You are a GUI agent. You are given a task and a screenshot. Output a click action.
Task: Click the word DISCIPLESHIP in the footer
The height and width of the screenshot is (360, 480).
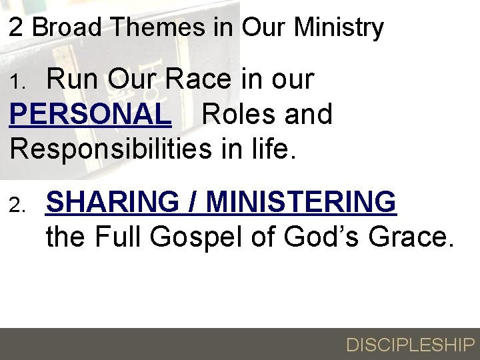410,345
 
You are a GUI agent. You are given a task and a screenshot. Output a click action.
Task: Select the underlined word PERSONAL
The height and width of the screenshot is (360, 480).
91,114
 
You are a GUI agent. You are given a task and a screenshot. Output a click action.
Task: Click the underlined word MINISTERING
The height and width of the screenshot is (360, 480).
301,201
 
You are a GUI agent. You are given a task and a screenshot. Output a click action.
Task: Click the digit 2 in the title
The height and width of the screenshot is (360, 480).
17,27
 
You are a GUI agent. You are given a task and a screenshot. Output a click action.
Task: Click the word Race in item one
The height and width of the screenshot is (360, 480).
198,79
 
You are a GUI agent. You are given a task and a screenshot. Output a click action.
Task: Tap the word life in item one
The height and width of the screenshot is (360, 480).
269,148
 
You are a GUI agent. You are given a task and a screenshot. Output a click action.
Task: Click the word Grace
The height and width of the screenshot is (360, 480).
415,236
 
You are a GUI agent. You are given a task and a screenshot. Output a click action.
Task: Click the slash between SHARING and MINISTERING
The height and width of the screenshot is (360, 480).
196,201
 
